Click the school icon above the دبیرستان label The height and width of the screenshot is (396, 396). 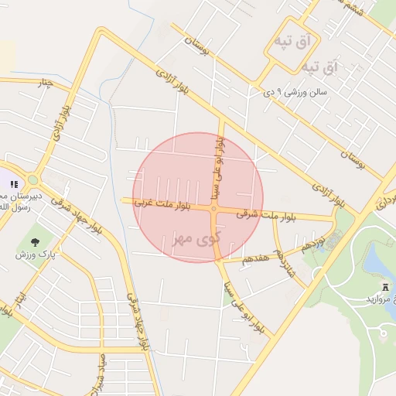click(13, 184)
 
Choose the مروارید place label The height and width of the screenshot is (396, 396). click(379, 299)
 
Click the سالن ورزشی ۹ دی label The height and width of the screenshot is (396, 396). click(297, 93)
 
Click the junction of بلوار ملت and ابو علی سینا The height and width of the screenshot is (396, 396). click(213, 209)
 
